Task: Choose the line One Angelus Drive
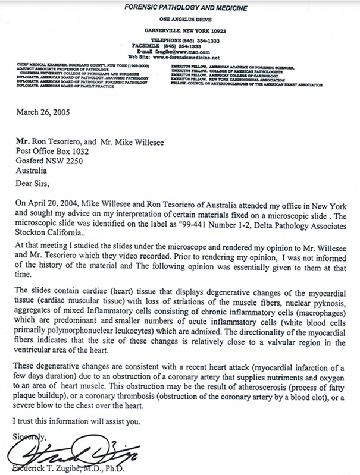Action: click(x=179, y=19)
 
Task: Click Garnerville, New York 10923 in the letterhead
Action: click(x=179, y=29)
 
